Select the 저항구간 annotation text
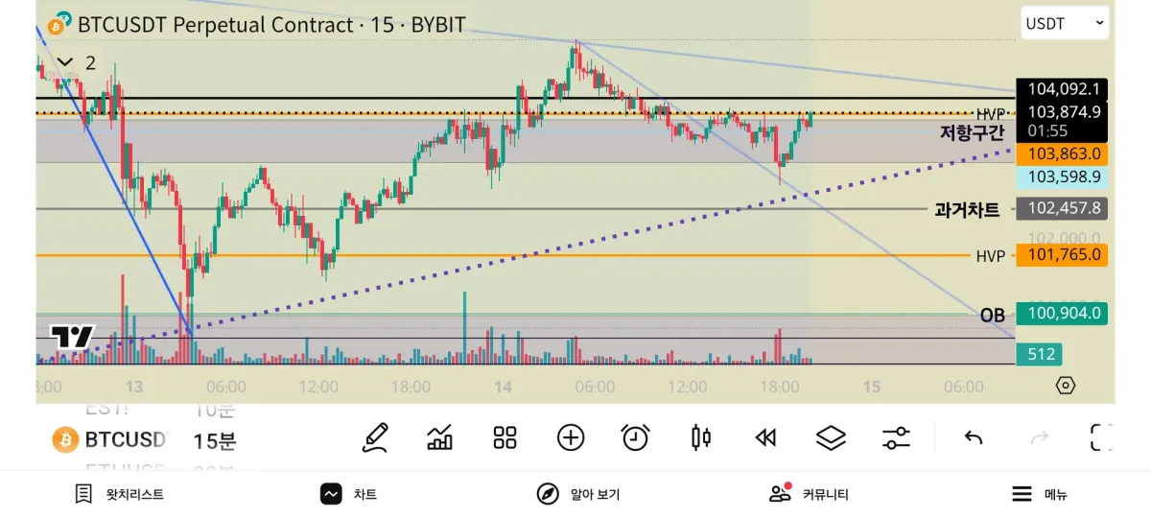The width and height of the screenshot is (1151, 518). [971, 133]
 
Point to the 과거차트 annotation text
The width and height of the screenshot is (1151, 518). [967, 209]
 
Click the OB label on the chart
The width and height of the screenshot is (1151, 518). [992, 315]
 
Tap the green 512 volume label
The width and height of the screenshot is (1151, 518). [1041, 355]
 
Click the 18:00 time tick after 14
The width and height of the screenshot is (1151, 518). [779, 387]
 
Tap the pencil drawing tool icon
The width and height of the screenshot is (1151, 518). [375, 438]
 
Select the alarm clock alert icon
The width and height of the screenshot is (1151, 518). [635, 438]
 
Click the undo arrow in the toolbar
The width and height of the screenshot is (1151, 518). [974, 438]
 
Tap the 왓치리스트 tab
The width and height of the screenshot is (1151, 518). [120, 494]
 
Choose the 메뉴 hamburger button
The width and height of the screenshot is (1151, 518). [1040, 494]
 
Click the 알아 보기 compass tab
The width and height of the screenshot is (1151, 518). [578, 494]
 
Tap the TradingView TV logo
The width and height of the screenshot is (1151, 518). [73, 337]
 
